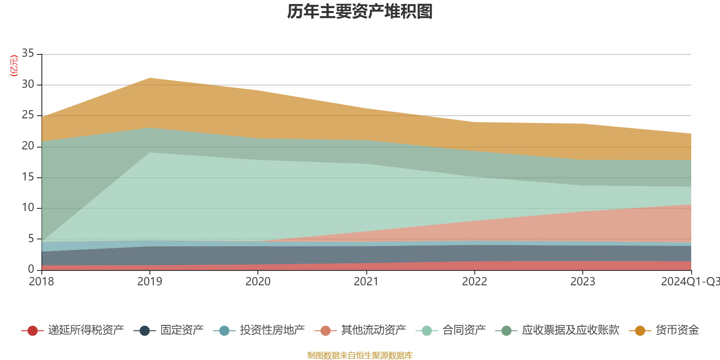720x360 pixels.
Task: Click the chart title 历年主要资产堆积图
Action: point(360,12)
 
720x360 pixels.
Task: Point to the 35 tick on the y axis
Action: point(28,54)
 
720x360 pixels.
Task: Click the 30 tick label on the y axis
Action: point(28,85)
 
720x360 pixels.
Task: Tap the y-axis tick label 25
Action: point(28,115)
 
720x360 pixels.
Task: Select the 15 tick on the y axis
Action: point(28,177)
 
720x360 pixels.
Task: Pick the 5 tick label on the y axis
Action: point(31,238)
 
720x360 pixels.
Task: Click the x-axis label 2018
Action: point(41,282)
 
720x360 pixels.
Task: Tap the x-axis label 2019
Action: point(149,282)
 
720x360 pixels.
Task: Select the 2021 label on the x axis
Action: point(366,282)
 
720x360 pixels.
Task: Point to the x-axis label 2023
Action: point(583,282)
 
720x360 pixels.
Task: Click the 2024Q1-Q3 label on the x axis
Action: point(689,282)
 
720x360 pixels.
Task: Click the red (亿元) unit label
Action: point(14,66)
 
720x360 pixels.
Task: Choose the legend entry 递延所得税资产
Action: point(85,330)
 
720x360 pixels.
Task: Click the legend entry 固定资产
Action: point(182,330)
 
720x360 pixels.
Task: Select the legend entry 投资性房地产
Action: point(272,330)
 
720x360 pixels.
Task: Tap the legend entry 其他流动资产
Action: point(373,330)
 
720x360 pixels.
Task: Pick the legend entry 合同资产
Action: point(464,330)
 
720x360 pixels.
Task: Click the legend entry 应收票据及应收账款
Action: point(570,330)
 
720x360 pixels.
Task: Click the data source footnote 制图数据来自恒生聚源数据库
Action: point(360,355)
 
